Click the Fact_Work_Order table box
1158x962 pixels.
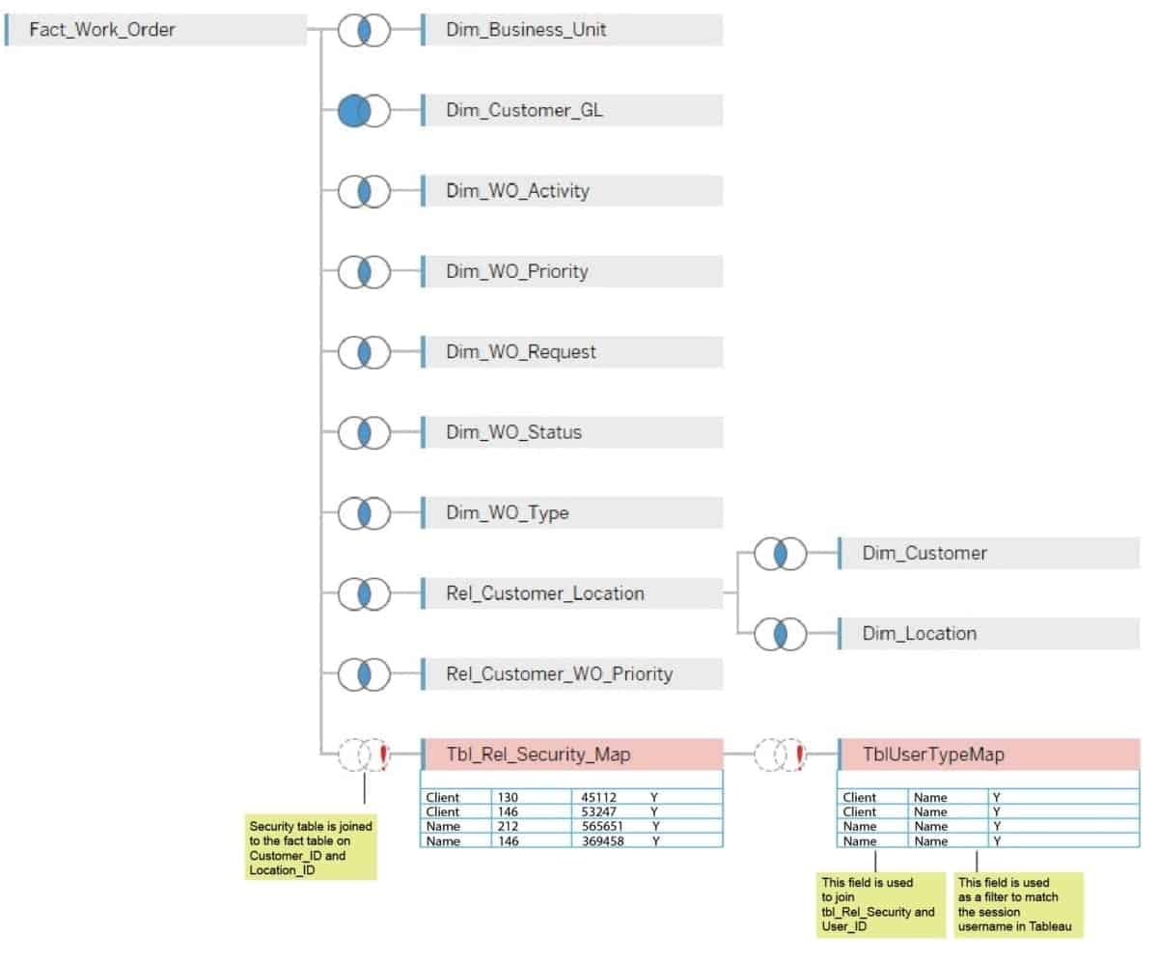[154, 30]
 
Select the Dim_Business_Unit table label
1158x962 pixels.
[526, 30]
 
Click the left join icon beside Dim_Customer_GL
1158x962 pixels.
[363, 110]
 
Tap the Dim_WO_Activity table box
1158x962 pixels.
[571, 191]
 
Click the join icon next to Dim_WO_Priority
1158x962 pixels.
[363, 271]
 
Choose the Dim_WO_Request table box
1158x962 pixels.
[571, 352]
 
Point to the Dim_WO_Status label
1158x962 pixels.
[513, 432]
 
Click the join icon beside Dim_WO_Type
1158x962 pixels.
[363, 512]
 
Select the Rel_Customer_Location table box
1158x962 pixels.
[571, 593]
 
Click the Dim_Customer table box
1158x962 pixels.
[988, 554]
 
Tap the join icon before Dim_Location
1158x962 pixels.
[780, 634]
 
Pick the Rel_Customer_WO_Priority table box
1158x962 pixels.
[571, 673]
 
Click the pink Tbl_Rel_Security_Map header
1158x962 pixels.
[571, 755]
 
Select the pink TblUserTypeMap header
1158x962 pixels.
[988, 755]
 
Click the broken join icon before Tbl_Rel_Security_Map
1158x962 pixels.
[363, 755]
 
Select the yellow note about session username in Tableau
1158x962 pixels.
[1018, 905]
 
